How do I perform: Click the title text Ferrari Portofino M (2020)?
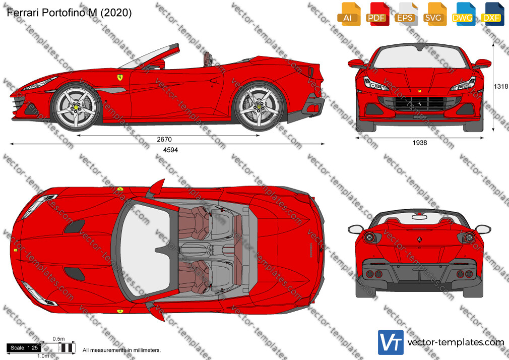(69, 13)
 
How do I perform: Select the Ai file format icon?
(349, 14)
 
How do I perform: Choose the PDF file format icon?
(377, 14)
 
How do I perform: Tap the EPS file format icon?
(406, 14)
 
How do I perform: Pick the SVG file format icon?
(434, 14)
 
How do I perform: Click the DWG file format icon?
(464, 14)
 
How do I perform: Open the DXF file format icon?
(492, 14)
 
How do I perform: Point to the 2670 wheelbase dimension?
(164, 139)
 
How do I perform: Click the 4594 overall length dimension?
(170, 150)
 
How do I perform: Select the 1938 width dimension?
(420, 143)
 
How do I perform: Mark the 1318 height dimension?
(501, 86)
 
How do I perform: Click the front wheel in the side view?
(76, 106)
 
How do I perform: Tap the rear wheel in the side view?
(259, 106)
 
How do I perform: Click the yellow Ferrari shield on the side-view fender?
(120, 78)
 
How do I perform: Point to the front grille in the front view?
(419, 104)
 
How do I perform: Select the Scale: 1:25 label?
(24, 348)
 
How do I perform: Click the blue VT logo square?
(391, 342)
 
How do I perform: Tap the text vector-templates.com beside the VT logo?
(456, 342)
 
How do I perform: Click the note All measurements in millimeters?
(121, 350)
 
